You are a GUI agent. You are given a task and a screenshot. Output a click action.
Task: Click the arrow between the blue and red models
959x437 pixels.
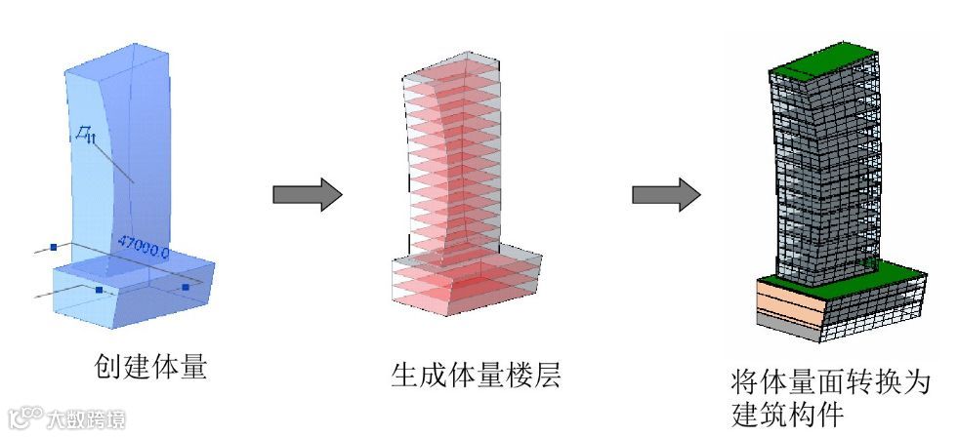click(307, 195)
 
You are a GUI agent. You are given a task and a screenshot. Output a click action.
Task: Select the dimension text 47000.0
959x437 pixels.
click(143, 245)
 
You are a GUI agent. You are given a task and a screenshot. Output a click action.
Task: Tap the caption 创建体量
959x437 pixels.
click(150, 367)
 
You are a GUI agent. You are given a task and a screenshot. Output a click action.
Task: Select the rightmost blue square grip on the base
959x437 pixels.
click(185, 288)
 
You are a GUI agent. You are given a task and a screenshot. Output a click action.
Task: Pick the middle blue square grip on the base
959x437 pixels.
click(100, 290)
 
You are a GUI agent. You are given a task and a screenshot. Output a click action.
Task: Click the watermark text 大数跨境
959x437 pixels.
click(86, 420)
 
